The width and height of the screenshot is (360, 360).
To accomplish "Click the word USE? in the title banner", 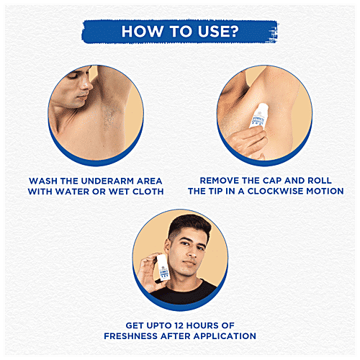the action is pyautogui.click(x=218, y=32).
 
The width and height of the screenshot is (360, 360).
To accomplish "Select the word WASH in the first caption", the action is pyautogui.click(x=43, y=181).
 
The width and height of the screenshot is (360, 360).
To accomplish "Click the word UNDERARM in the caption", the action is pyautogui.click(x=107, y=181).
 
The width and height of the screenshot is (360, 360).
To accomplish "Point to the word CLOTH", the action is pyautogui.click(x=148, y=192).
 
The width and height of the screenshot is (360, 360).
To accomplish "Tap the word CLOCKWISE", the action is pyautogui.click(x=275, y=191).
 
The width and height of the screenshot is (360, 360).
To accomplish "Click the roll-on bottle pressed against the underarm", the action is pyautogui.click(x=258, y=116).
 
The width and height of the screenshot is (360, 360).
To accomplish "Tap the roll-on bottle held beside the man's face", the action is pyautogui.click(x=163, y=267).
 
